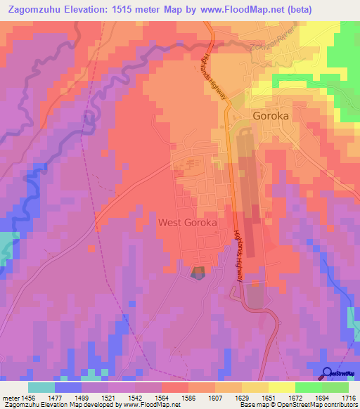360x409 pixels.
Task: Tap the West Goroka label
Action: pos(187,222)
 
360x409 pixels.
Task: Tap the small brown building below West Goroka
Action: pos(198,271)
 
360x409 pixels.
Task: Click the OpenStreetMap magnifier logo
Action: pos(328,373)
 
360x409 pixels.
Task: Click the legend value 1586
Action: pos(188,397)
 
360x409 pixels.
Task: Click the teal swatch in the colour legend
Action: pos(41,387)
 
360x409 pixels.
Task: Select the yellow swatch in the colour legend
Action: pos(281,387)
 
